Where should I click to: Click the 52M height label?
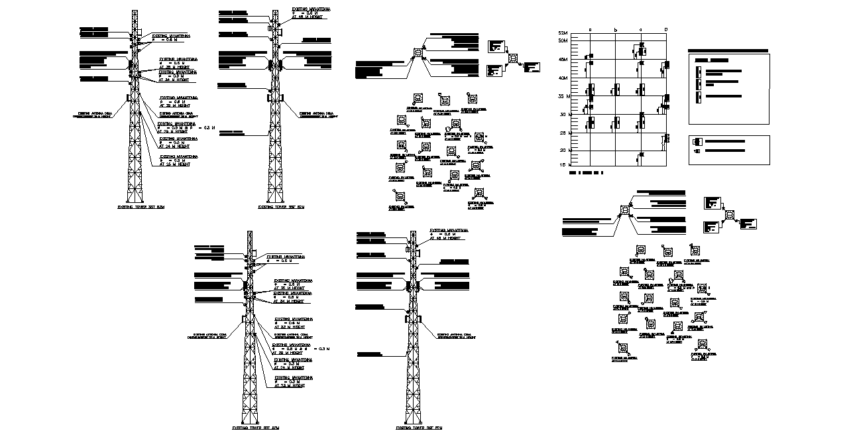point(564,32)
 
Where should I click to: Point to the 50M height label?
point(564,41)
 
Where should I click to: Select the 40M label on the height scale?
point(564,78)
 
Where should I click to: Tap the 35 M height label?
point(564,96)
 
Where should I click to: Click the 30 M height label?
point(564,115)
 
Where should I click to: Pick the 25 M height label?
point(564,133)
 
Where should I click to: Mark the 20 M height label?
point(564,150)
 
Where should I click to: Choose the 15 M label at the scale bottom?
point(564,164)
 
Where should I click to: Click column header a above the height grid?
point(590,31)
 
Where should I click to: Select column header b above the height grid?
point(616,31)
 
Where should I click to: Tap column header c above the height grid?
point(641,31)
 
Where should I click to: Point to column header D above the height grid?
point(666,31)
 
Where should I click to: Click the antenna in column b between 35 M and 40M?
point(617,88)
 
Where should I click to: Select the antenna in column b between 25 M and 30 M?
point(617,123)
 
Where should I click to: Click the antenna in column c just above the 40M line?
point(641,69)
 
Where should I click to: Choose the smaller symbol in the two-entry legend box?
point(696,151)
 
